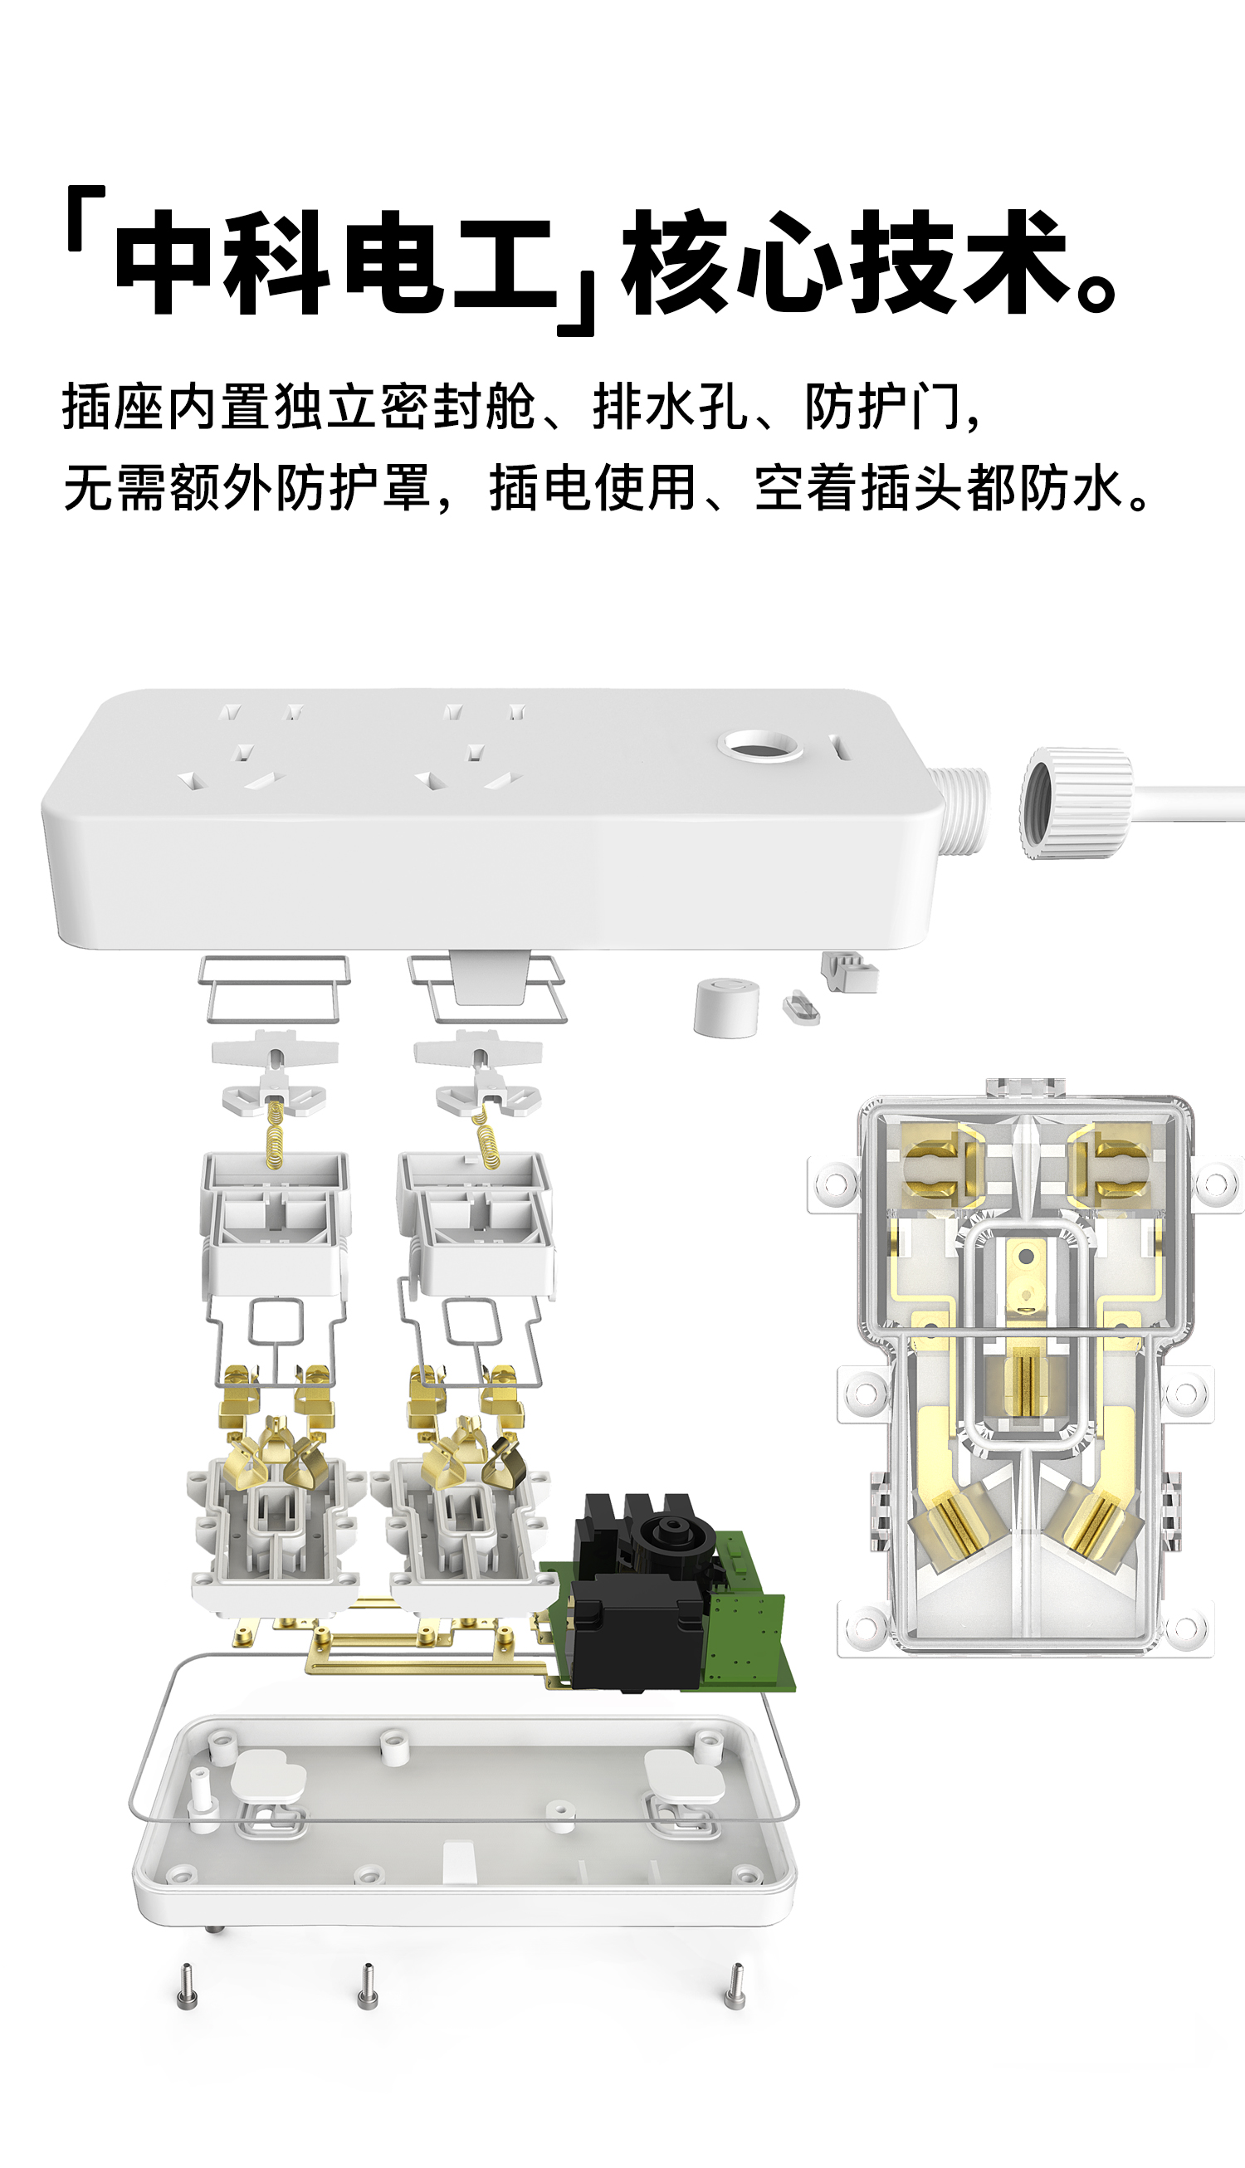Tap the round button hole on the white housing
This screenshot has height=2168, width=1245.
[759, 746]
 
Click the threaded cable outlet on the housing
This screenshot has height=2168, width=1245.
[961, 810]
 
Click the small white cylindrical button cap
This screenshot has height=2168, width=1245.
[726, 1008]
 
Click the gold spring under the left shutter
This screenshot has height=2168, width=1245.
[275, 1134]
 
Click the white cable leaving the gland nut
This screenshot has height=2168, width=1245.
[1189, 804]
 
